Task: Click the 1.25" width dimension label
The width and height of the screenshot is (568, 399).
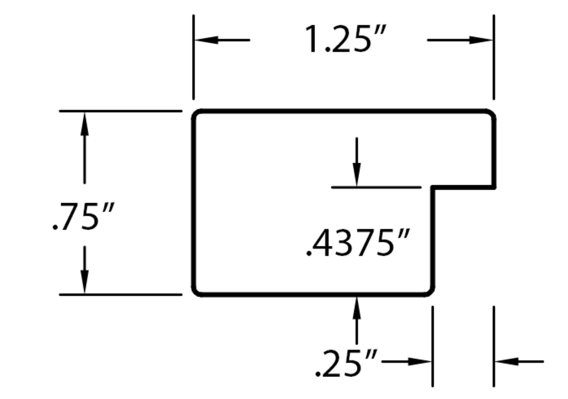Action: (x=346, y=39)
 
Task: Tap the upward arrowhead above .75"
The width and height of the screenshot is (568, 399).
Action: (x=84, y=124)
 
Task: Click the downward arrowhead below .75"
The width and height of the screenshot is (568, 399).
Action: (x=84, y=281)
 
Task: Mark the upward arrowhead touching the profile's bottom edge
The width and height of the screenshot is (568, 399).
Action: (x=357, y=309)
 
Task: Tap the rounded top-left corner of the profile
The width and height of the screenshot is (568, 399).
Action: (x=196, y=113)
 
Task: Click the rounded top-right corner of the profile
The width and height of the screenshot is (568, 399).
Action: (x=492, y=113)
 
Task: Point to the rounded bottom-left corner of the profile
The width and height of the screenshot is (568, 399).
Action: (x=196, y=292)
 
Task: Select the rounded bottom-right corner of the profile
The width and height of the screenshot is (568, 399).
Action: (x=430, y=292)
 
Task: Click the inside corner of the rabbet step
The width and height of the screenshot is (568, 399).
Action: (x=433, y=188)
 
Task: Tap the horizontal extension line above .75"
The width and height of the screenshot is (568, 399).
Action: (x=120, y=110)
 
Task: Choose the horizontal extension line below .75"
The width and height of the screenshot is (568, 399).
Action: (x=120, y=295)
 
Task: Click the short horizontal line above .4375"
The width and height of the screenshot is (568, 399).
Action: (x=377, y=188)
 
